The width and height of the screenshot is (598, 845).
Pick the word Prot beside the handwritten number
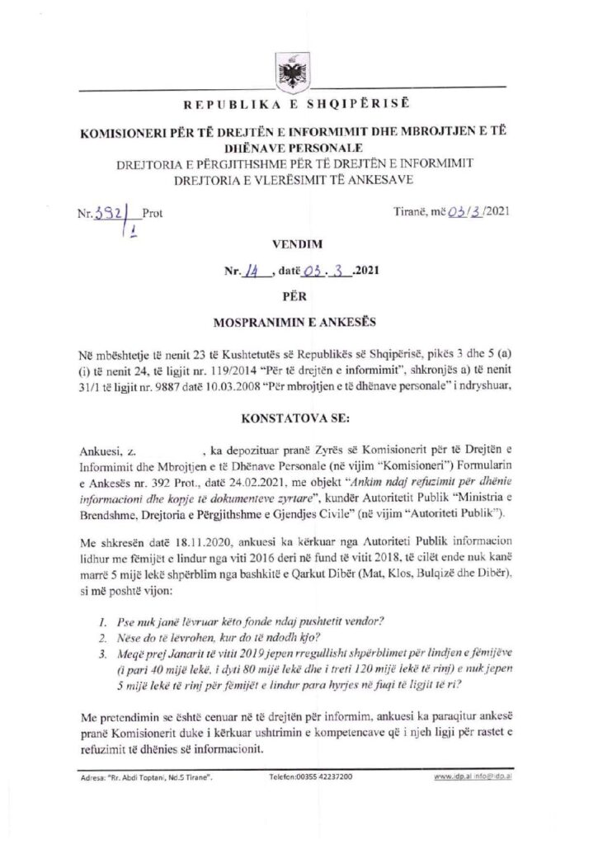153,213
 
